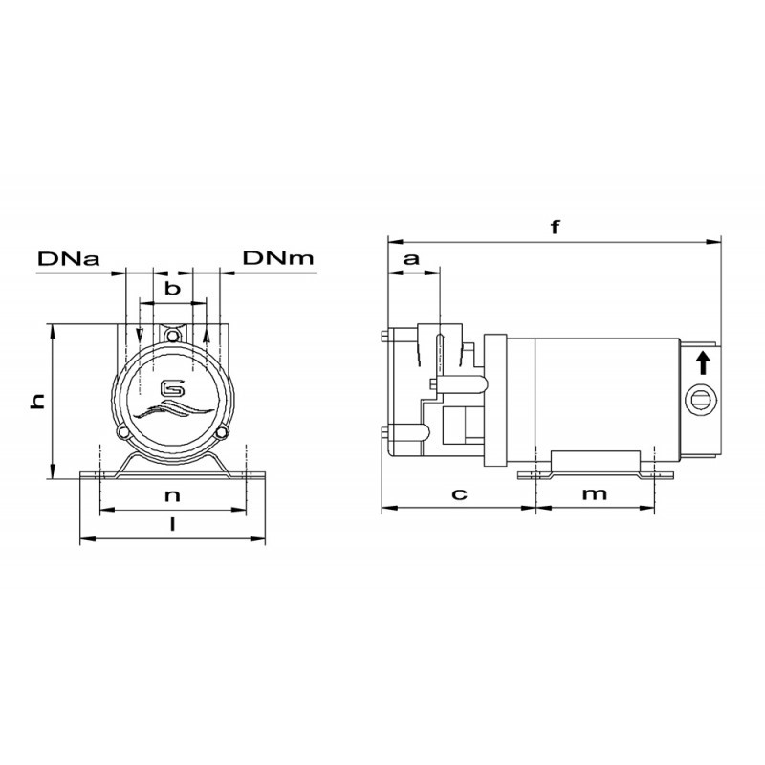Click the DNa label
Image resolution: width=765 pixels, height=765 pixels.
click(69, 258)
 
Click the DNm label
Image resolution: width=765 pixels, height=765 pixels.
click(278, 258)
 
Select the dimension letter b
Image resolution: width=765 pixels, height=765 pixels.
click(172, 289)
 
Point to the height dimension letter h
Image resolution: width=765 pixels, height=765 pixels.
click(37, 401)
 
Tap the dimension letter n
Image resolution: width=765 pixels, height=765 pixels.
click(172, 496)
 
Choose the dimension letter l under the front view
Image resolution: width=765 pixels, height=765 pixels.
click(172, 524)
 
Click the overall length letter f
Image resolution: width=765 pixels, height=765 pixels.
click(555, 227)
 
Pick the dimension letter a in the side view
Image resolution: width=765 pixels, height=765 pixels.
click(411, 258)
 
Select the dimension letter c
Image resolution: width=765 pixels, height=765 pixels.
click(459, 494)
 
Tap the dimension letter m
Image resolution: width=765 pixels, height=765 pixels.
click(595, 494)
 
